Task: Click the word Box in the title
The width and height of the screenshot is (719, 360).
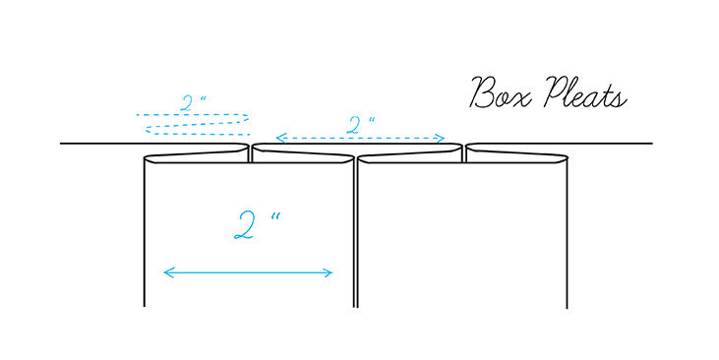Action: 498,94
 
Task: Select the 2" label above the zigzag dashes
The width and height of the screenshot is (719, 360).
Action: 193,102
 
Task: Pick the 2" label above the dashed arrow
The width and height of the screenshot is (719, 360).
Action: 361,124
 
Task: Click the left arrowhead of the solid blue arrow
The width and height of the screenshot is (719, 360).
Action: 166,272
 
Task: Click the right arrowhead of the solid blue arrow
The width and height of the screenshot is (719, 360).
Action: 330,272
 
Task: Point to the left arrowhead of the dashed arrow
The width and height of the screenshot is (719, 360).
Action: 278,139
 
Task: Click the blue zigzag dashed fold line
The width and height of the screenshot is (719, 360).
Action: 193,124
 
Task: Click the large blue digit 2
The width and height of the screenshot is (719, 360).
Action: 244,226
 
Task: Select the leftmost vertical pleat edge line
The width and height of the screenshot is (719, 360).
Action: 145,236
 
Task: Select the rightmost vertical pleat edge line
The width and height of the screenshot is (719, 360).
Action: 567,236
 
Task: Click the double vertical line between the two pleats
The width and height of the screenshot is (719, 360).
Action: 355,236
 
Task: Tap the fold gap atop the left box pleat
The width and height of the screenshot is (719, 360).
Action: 250,153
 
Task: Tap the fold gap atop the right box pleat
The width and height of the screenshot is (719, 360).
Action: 463,153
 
